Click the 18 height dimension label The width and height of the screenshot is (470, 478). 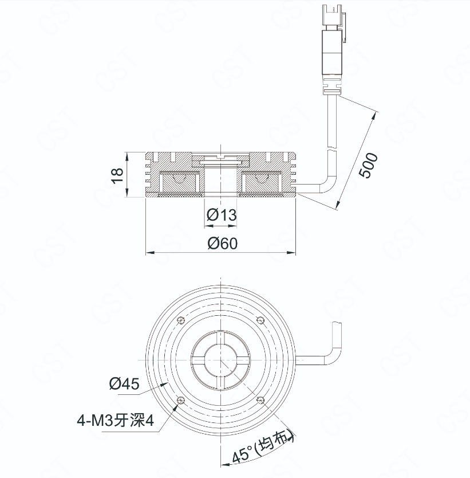117,175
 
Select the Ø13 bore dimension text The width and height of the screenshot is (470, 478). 222,215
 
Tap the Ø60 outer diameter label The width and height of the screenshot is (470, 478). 223,243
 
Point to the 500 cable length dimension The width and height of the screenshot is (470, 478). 368,165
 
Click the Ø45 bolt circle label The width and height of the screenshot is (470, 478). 124,383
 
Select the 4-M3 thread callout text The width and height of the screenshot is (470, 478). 116,421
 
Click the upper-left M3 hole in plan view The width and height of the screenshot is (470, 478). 181,320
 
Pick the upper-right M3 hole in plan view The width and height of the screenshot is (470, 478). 260,320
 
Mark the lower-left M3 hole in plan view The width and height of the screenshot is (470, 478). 181,399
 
